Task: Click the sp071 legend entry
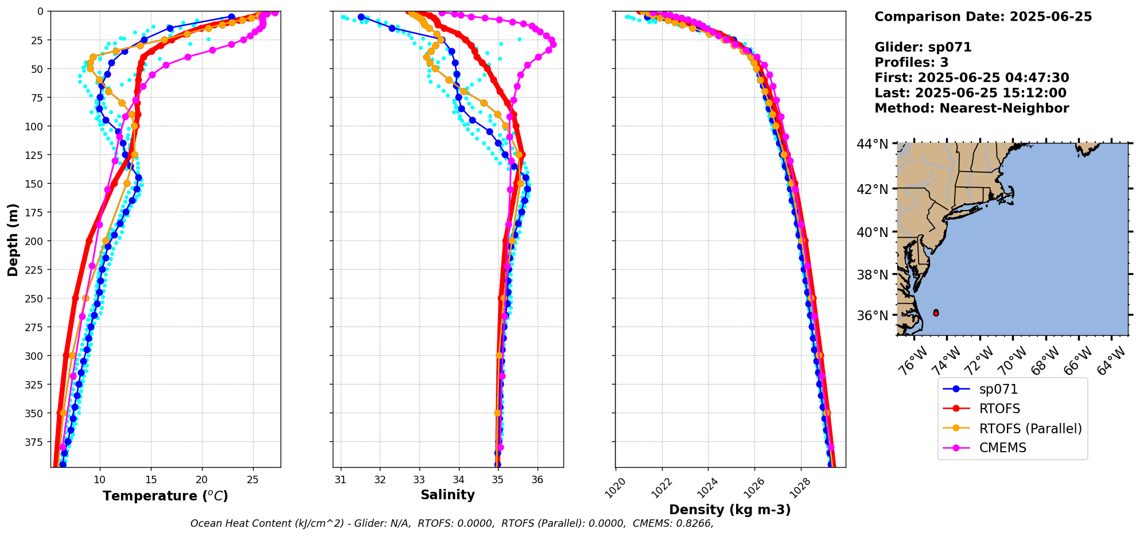[x=998, y=389]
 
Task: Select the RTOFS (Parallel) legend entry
[x=1030, y=429]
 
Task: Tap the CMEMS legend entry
[x=1002, y=448]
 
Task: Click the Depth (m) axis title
[x=13, y=239]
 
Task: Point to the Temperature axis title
[x=165, y=496]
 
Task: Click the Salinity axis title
[x=448, y=495]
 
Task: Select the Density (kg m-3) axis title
[x=730, y=510]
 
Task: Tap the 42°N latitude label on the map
[x=872, y=189]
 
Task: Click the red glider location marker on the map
[x=936, y=313]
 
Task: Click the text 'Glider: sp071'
[x=923, y=47]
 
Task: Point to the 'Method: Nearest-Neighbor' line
[x=971, y=108]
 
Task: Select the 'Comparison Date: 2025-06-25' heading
[x=983, y=17]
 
